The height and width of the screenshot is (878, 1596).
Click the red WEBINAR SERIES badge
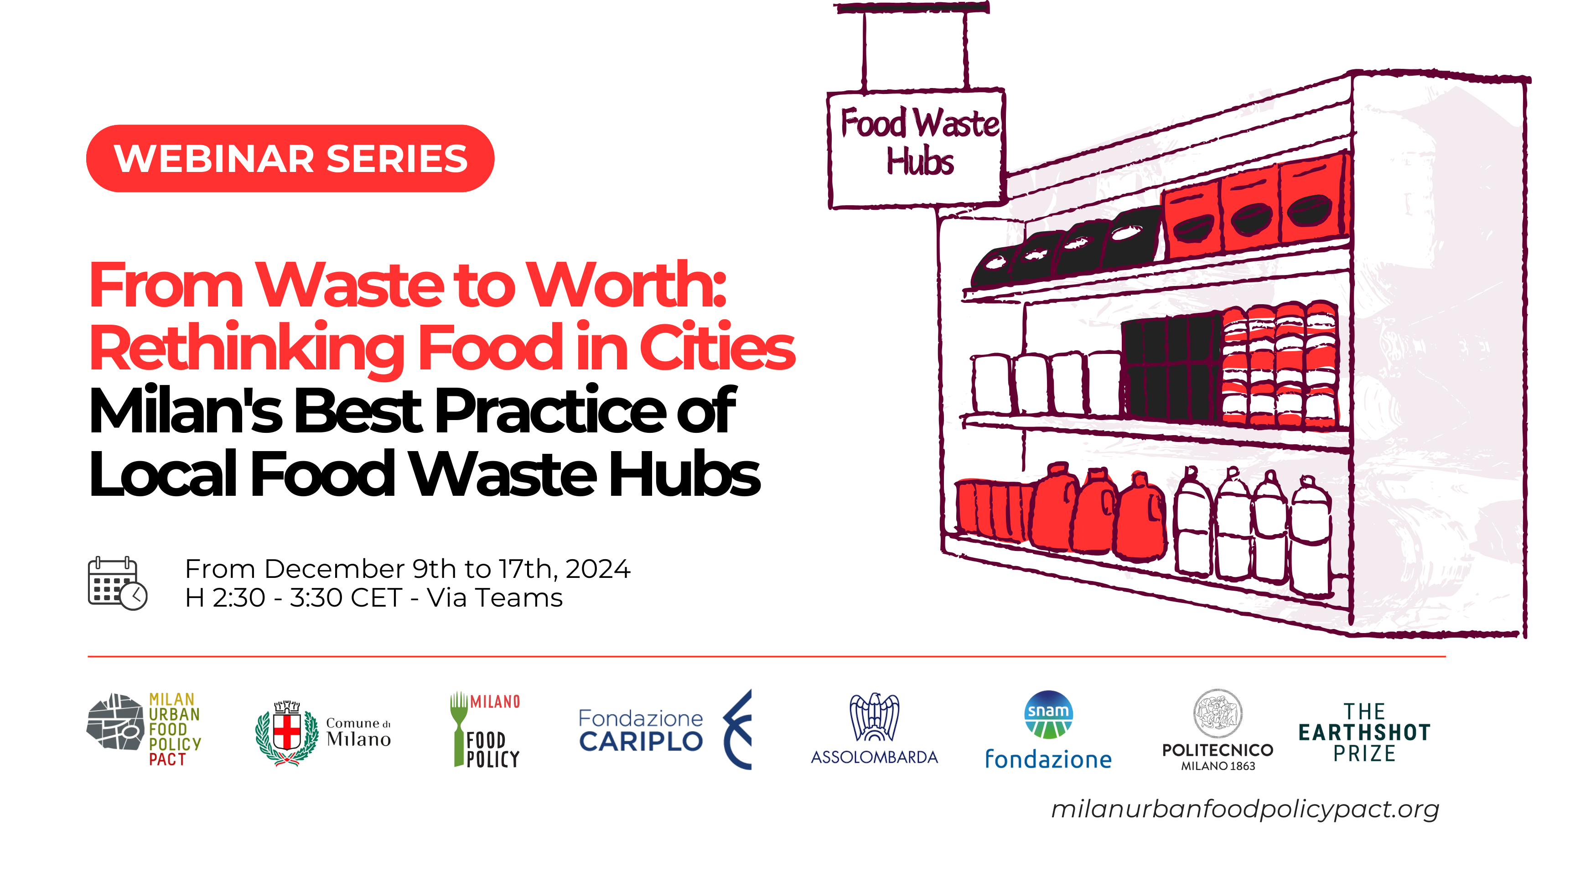(290, 159)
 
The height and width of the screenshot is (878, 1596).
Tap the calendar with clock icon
(118, 583)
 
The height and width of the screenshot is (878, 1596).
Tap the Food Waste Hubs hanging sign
(917, 149)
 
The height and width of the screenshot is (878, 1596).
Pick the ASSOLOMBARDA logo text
(874, 757)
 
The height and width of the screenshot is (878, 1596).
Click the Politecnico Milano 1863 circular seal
(1218, 713)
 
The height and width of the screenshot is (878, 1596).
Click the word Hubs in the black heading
(684, 474)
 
